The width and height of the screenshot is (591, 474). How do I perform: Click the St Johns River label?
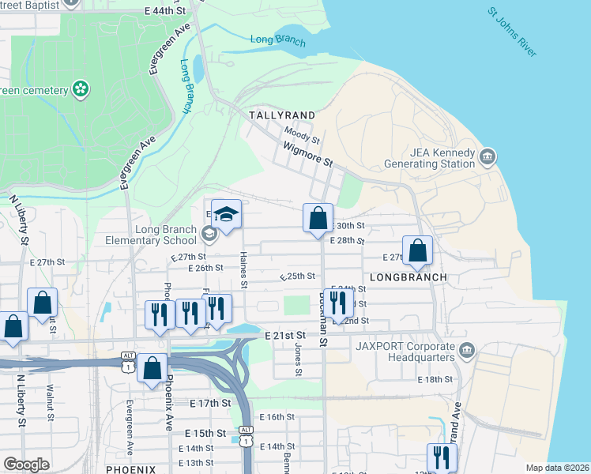(x=512, y=32)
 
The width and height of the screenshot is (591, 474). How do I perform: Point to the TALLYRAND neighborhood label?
(x=282, y=115)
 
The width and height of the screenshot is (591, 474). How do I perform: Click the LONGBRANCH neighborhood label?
(x=408, y=278)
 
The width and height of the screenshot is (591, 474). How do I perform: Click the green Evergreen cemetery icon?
(x=80, y=89)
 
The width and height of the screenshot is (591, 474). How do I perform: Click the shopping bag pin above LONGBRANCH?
(x=418, y=251)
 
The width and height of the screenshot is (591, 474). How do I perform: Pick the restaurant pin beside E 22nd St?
(x=337, y=303)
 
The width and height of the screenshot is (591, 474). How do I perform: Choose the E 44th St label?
(x=165, y=11)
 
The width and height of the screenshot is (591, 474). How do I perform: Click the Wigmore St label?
(x=307, y=155)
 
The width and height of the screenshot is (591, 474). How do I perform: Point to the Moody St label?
(x=302, y=139)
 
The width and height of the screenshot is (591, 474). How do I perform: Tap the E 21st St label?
(x=284, y=337)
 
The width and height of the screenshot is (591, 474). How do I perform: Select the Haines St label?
(x=244, y=270)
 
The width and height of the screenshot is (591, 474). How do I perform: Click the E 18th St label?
(x=435, y=380)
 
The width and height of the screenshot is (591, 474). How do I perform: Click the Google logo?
(x=26, y=465)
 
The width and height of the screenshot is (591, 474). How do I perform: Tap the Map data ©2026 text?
(x=556, y=468)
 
